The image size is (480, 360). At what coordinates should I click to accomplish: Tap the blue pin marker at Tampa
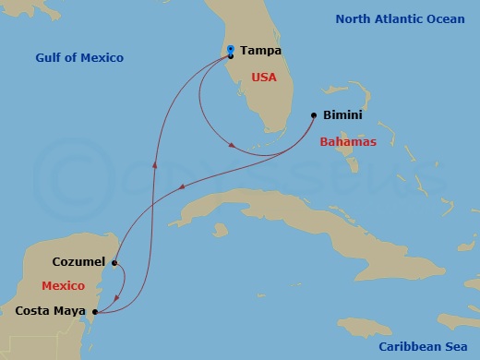230,49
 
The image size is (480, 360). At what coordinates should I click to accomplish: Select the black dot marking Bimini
313,116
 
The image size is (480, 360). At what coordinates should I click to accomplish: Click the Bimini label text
342,117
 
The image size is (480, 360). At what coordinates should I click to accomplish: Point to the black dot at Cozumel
114,263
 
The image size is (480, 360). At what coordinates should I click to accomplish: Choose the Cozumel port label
78,262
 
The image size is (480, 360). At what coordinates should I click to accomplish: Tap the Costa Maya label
51,311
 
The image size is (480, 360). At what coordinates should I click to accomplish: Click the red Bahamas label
347,142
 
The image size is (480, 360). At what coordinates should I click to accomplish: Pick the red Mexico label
63,286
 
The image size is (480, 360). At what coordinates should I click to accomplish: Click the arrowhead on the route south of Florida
234,146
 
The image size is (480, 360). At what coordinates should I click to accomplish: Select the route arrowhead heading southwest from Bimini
182,188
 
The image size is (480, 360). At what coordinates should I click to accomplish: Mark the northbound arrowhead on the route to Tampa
155,167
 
